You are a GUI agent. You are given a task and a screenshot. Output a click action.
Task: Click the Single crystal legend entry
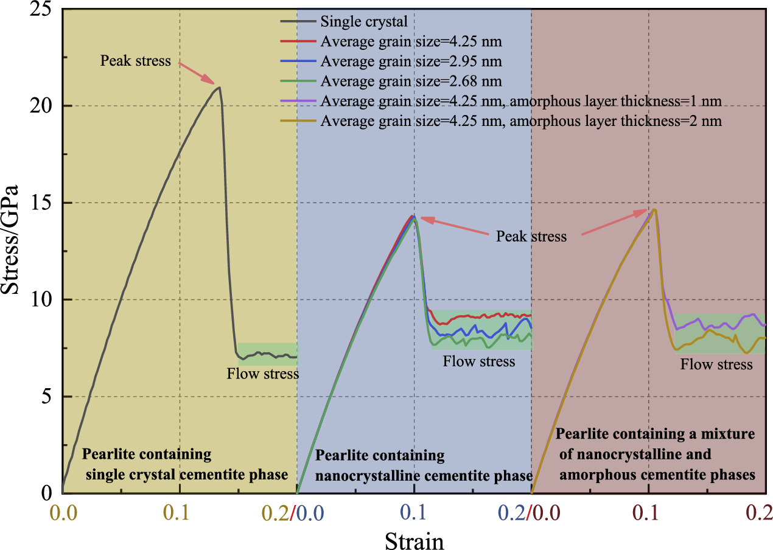363,23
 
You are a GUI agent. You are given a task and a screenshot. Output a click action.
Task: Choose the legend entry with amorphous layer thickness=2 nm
520,121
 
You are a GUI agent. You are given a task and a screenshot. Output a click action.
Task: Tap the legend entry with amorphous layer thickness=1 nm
520,101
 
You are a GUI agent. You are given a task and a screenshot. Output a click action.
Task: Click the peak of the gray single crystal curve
219,87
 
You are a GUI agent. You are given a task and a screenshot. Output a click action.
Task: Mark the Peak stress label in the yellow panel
136,61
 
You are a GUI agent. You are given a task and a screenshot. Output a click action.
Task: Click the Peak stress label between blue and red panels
531,236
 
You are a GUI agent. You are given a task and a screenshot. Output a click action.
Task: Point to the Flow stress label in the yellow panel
262,374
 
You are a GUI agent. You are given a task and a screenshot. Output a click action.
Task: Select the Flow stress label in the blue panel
478,361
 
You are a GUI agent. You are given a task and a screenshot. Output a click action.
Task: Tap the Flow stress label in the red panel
716,364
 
